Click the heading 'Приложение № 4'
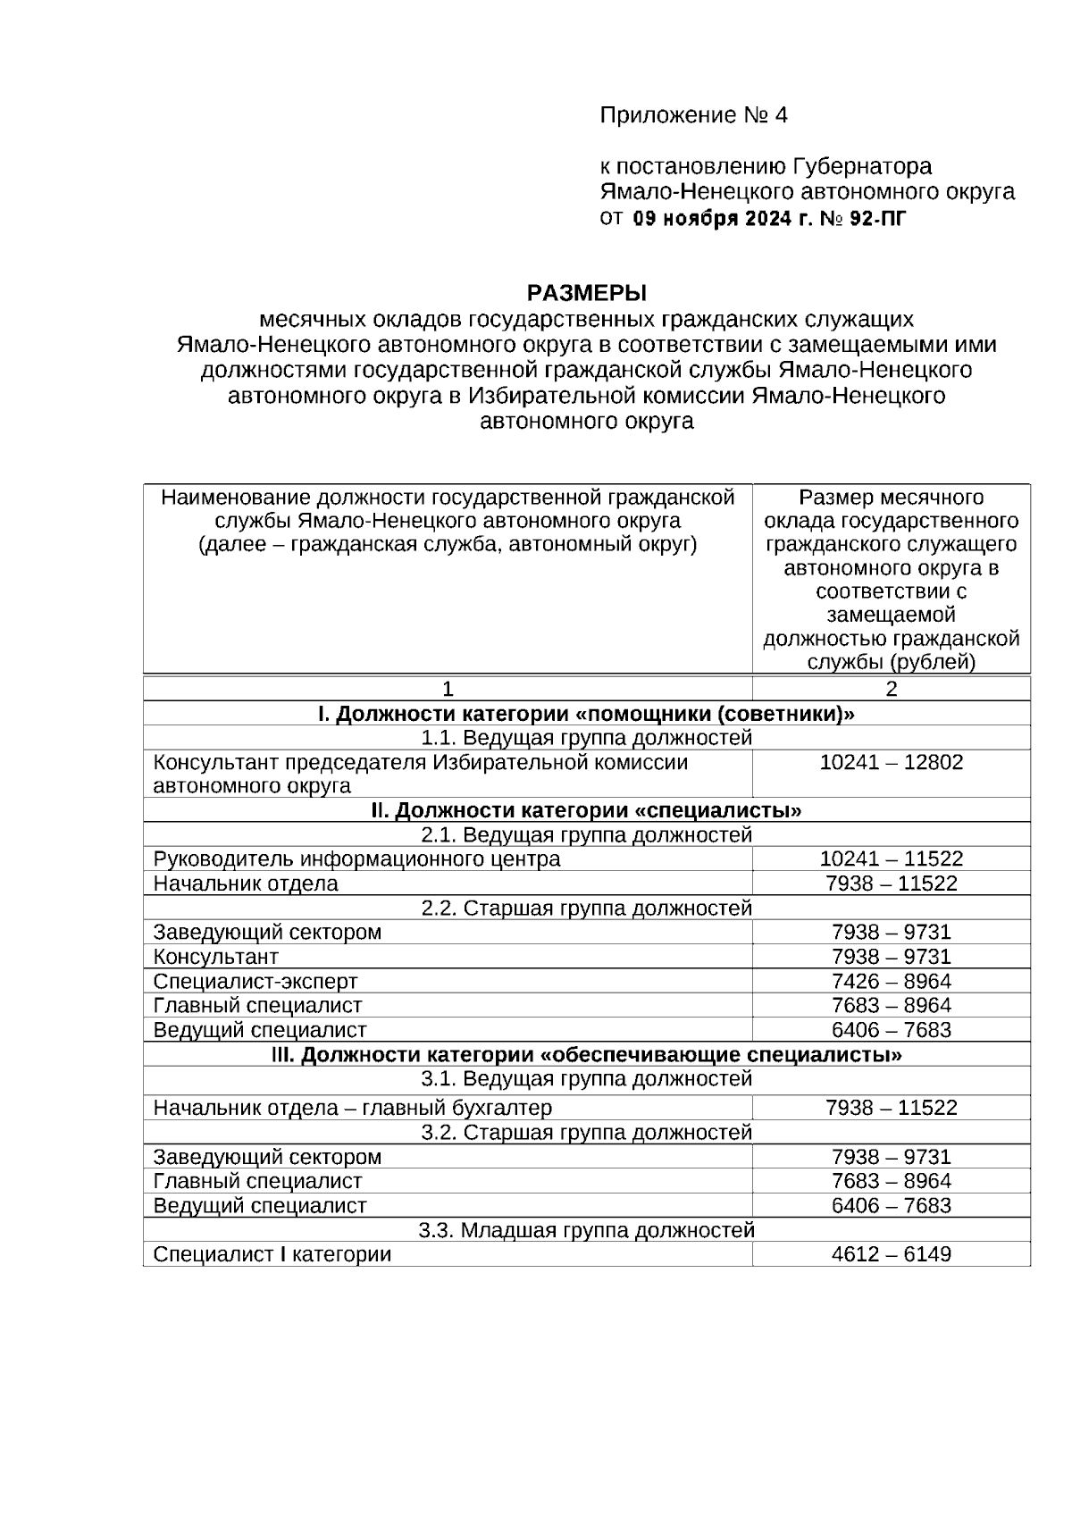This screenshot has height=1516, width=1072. pyautogui.click(x=693, y=115)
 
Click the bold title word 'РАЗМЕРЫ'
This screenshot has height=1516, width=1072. pyautogui.click(x=586, y=293)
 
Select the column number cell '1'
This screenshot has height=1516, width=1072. pyautogui.click(x=448, y=689)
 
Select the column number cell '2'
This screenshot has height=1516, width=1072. pyautogui.click(x=891, y=689)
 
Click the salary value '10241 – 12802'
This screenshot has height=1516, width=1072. pyautogui.click(x=891, y=763)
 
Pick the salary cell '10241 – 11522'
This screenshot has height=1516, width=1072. pyautogui.click(x=891, y=859)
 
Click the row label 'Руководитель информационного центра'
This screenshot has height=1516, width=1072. pyautogui.click(x=356, y=859)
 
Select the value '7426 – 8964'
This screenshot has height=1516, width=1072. pyautogui.click(x=891, y=982)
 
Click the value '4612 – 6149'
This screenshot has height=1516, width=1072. pyautogui.click(x=891, y=1254)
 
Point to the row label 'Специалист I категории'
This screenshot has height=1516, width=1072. pyautogui.click(x=272, y=1254)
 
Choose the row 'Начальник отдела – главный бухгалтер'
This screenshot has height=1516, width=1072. pyautogui.click(x=352, y=1108)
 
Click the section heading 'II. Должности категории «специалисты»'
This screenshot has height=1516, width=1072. pyautogui.click(x=586, y=811)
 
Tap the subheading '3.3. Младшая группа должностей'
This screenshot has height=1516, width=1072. pyautogui.click(x=586, y=1230)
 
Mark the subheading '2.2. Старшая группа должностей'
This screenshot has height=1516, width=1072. pyautogui.click(x=586, y=909)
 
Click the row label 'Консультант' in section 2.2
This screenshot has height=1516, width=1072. pyautogui.click(x=216, y=957)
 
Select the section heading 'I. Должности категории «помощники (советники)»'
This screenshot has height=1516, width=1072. pyautogui.click(x=586, y=714)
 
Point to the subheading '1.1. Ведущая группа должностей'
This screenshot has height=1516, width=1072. pyautogui.click(x=586, y=738)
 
